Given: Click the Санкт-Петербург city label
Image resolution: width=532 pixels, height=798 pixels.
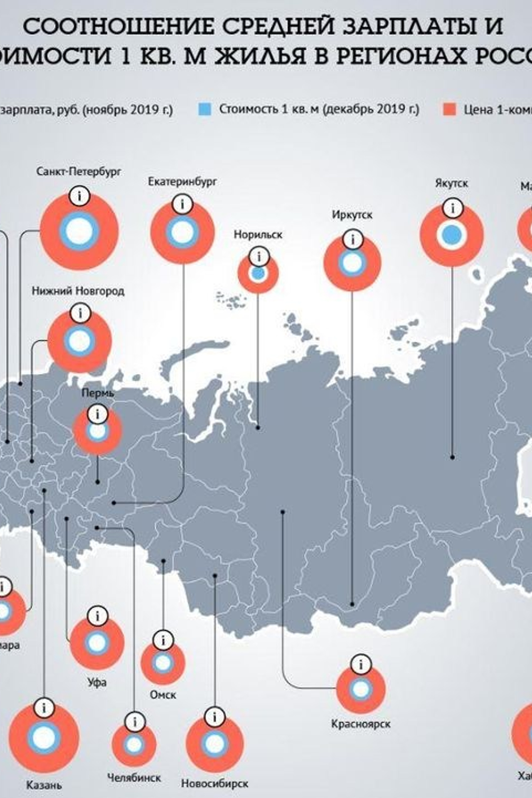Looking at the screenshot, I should [79, 172].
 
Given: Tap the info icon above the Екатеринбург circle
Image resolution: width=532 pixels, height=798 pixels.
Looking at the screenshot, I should [182, 204].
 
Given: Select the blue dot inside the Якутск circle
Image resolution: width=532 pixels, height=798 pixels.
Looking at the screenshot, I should [452, 235].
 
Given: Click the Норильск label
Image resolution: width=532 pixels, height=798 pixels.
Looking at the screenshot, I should [258, 235].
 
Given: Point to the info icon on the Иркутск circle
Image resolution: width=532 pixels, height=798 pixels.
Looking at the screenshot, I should [352, 239].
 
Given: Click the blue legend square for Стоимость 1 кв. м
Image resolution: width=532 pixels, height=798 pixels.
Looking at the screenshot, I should [205, 109].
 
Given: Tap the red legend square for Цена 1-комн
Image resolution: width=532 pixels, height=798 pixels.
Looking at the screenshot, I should [450, 109].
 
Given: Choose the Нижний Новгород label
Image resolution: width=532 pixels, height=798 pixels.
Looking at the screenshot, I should [78, 291].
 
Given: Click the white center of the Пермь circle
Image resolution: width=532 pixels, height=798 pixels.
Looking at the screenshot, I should [98, 431].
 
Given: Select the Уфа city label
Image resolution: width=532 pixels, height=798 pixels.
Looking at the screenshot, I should [97, 682].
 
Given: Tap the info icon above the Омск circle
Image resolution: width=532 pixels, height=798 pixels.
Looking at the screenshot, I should [163, 640].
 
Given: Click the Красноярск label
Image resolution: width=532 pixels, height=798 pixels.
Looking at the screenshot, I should [361, 724].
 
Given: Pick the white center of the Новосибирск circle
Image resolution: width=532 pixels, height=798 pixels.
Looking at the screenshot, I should [214, 744].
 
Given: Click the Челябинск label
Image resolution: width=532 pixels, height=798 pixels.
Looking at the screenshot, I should [134, 777].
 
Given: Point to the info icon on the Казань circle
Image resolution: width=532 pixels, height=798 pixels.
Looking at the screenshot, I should [44, 707].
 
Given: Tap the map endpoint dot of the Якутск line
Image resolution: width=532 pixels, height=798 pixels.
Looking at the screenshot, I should [452, 457].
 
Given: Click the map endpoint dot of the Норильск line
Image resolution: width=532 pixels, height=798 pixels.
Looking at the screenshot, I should [258, 427].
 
